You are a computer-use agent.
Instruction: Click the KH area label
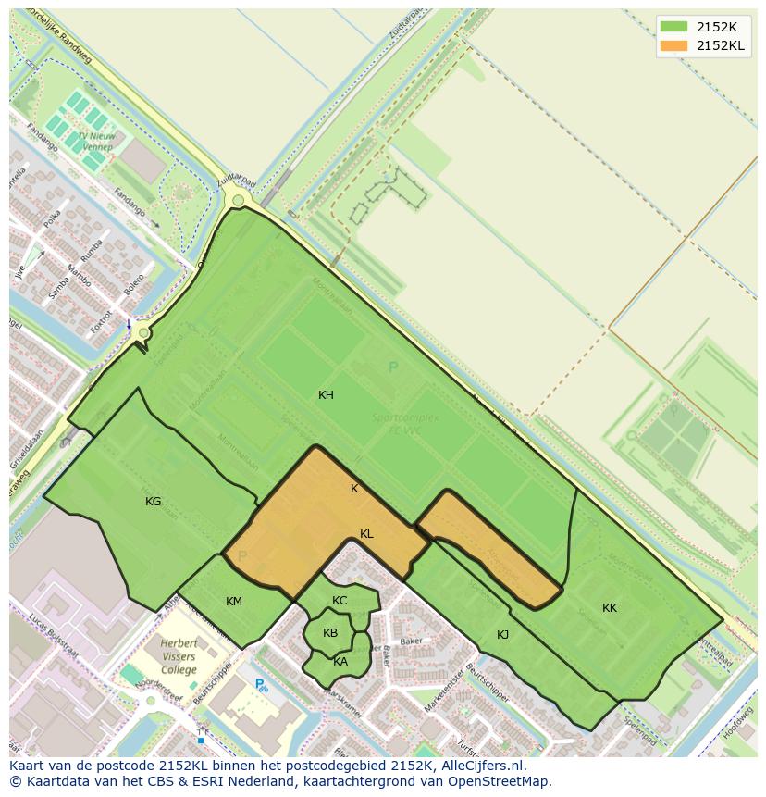[326, 395]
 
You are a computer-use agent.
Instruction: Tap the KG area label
[154, 502]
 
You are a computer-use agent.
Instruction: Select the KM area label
[234, 602]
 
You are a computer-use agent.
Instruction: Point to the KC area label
[340, 601]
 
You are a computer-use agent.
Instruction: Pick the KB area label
[330, 633]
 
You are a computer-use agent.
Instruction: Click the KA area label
[340, 661]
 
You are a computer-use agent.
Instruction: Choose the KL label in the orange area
[366, 534]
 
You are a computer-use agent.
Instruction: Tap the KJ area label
[503, 634]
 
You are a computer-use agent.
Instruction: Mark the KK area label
[610, 608]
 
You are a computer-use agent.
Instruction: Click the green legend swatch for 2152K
[674, 26]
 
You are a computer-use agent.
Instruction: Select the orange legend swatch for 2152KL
[674, 45]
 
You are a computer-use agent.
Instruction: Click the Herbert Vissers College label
[179, 656]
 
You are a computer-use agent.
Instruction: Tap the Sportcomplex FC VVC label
[405, 423]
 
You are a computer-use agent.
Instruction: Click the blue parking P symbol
[261, 685]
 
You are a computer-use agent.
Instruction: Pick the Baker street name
[410, 641]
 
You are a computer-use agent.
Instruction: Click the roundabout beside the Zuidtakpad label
[239, 200]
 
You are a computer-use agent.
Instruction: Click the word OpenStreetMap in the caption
[504, 781]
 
